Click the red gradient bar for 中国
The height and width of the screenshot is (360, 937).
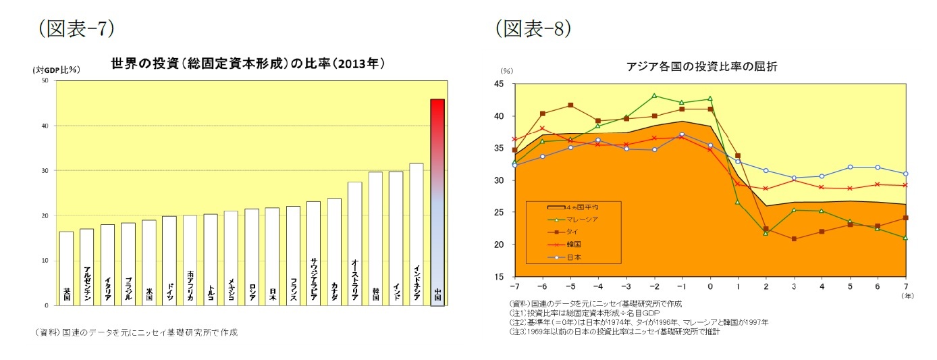coord(437,203)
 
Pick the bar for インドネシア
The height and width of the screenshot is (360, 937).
coord(417,234)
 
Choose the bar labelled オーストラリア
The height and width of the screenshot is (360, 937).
coord(355,243)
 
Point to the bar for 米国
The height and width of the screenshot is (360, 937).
coord(149,263)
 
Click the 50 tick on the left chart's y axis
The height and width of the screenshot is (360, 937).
coord(45,80)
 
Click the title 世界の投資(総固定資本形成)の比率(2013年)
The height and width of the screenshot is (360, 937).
coord(248,64)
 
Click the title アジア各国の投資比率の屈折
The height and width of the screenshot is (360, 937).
coord(702,66)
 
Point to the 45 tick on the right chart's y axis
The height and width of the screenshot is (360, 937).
coord(500,84)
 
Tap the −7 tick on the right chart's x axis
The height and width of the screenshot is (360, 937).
coord(514,286)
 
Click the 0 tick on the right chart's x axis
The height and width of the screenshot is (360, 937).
coord(710,286)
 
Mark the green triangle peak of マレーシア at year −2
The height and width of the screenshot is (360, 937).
coord(654,96)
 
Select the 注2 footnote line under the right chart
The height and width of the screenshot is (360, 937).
coord(638,322)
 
